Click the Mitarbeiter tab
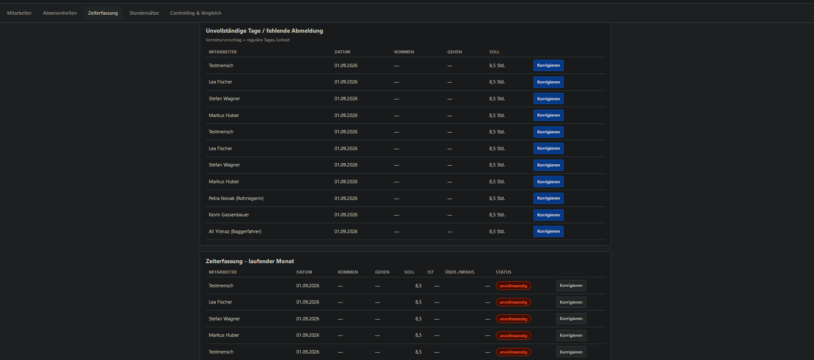pos(19,13)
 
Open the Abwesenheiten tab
pos(60,13)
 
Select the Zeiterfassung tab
pos(103,13)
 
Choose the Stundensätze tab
pos(144,13)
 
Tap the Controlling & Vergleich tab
pos(195,13)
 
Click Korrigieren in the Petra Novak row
pos(548,198)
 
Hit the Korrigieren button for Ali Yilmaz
pos(548,231)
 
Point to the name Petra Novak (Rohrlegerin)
pos(236,198)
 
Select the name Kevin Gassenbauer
pos(228,215)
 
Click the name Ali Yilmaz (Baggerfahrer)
pos(235,231)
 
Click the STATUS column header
pos(503,272)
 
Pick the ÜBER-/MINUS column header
pos(459,272)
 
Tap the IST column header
pos(430,272)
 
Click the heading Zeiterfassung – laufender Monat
pos(250,261)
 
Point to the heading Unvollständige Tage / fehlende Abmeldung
pos(264,31)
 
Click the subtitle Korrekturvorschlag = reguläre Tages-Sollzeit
pos(247,40)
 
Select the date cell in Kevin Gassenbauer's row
pos(345,215)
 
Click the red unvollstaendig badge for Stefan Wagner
pos(513,319)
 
